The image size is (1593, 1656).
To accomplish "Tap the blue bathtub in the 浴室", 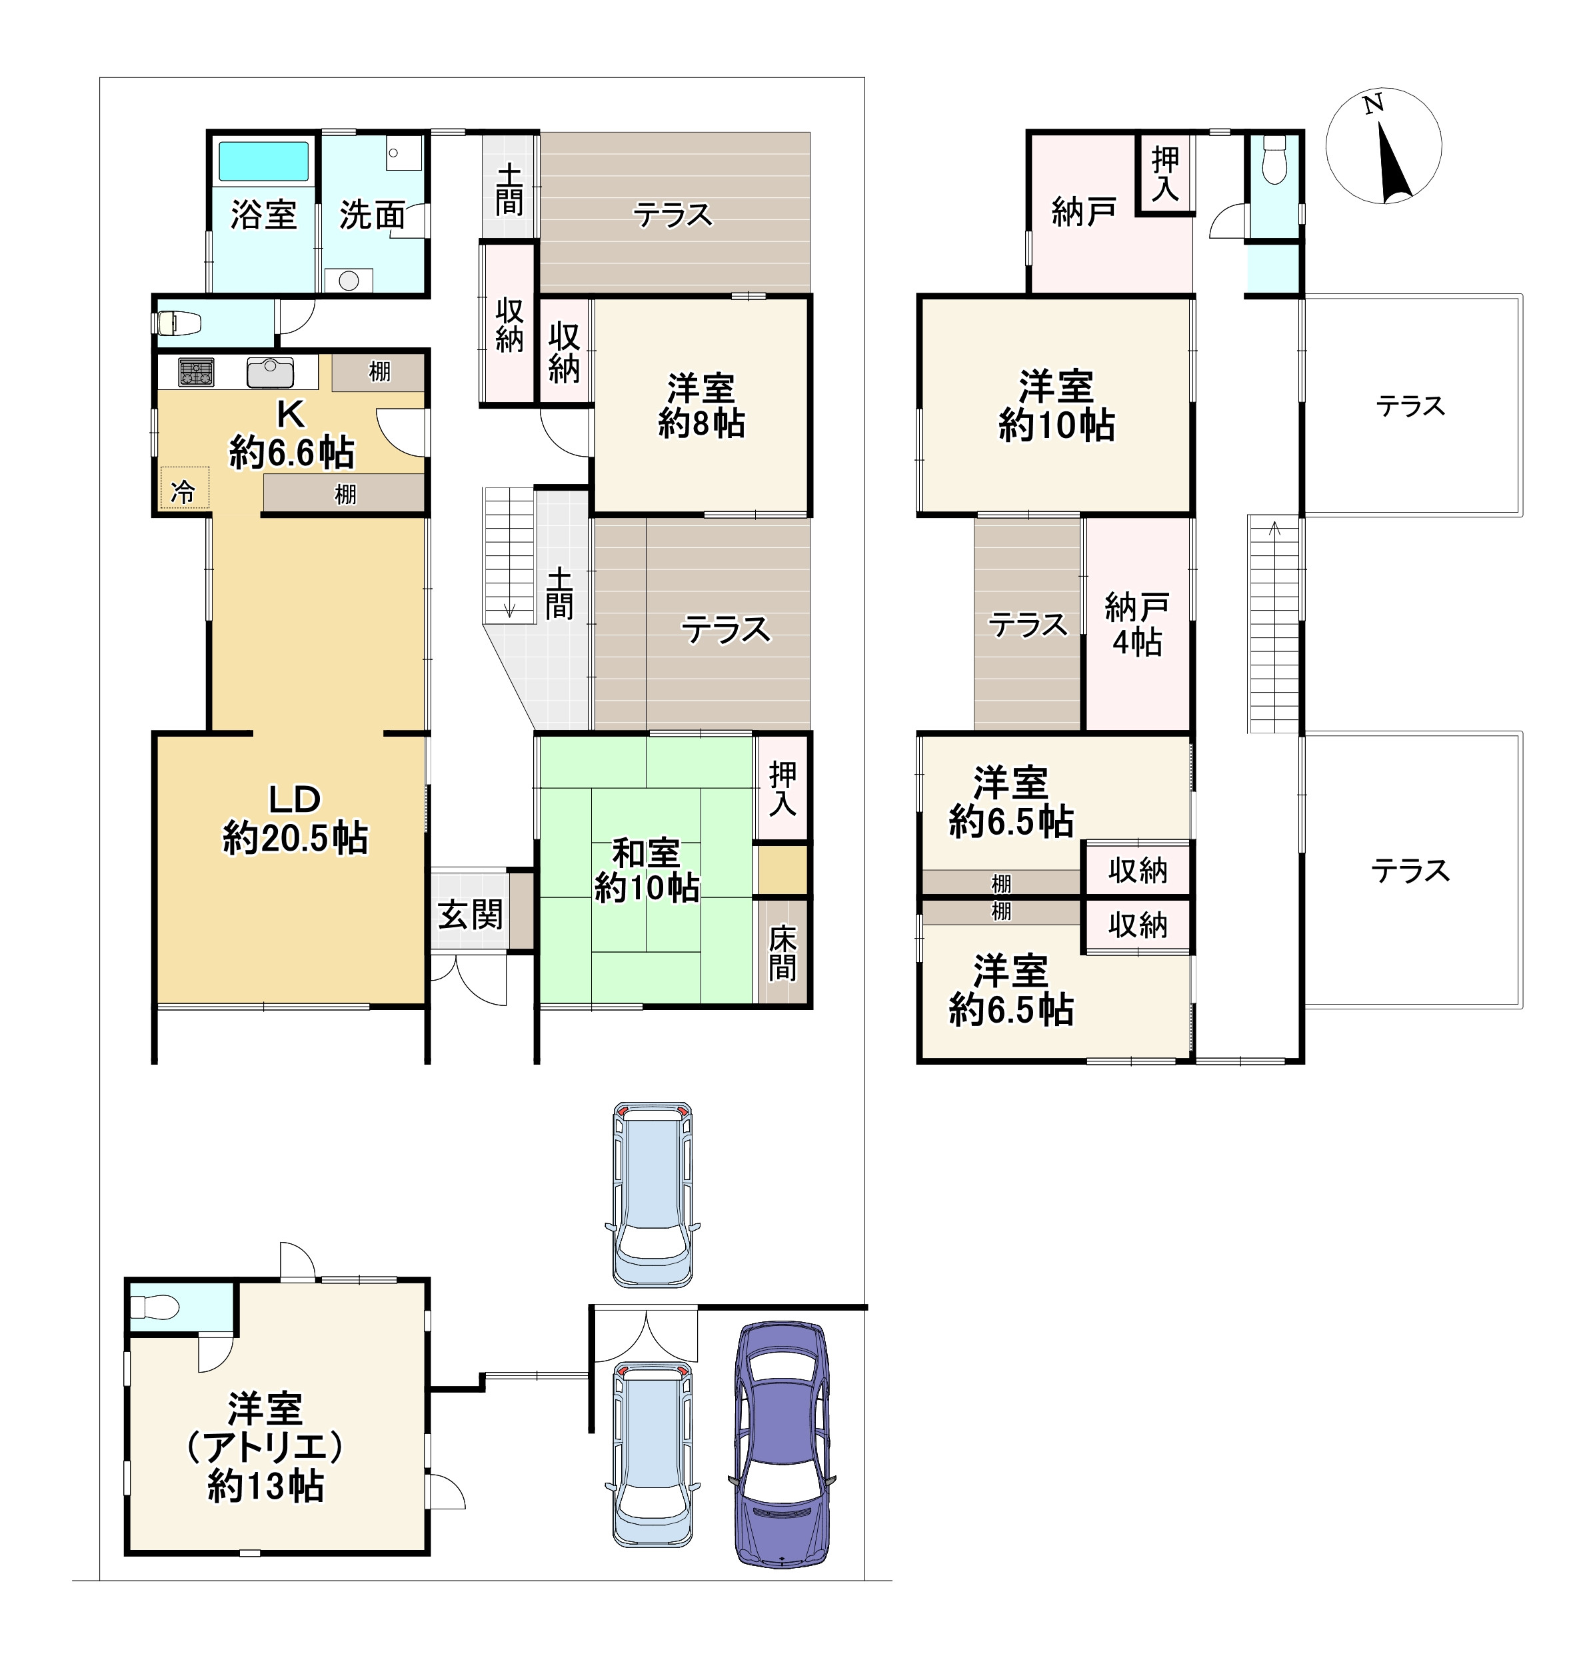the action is click(x=263, y=161).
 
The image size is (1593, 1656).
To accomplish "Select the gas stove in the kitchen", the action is click(x=196, y=373).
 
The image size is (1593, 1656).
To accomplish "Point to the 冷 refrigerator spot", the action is click(x=183, y=491).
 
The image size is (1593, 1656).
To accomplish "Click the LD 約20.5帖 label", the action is click(x=295, y=819).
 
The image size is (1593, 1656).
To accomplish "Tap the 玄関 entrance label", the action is click(x=471, y=913).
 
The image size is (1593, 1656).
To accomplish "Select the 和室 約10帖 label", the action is click(x=646, y=869).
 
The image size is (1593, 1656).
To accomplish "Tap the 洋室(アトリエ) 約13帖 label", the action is click(x=265, y=1447).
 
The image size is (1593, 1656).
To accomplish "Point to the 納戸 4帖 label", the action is click(x=1137, y=625).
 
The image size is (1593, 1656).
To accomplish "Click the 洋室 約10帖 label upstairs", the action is click(x=1056, y=405).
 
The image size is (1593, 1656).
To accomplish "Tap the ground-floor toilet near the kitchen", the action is click(x=178, y=322).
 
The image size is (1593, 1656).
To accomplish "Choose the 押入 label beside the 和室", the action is click(x=782, y=788).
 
